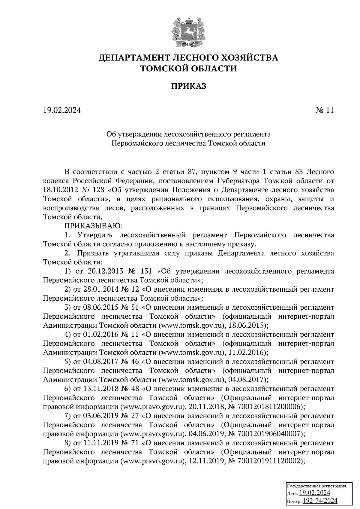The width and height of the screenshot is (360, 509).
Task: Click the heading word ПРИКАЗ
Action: point(189,86)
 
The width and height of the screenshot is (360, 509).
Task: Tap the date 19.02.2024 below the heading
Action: point(62,111)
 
